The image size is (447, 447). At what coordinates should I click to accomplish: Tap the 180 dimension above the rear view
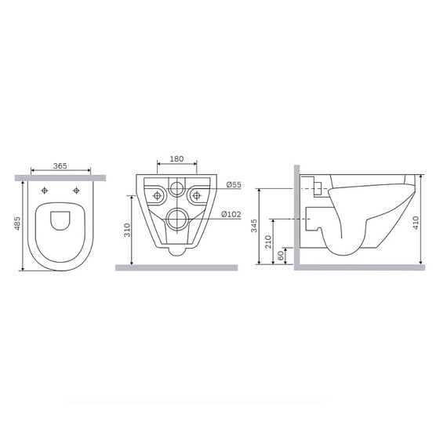pyautogui.click(x=176, y=159)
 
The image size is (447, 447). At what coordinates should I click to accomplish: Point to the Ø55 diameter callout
pyautogui.click(x=233, y=184)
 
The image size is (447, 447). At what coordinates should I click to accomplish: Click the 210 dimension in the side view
pyautogui.click(x=269, y=242)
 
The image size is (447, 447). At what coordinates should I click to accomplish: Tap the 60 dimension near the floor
pyautogui.click(x=282, y=256)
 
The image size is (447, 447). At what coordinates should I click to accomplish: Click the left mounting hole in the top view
pyautogui.click(x=45, y=191)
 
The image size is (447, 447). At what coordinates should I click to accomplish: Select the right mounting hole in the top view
pyautogui.click(x=76, y=191)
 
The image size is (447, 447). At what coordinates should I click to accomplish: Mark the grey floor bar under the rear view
pyautogui.click(x=176, y=267)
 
